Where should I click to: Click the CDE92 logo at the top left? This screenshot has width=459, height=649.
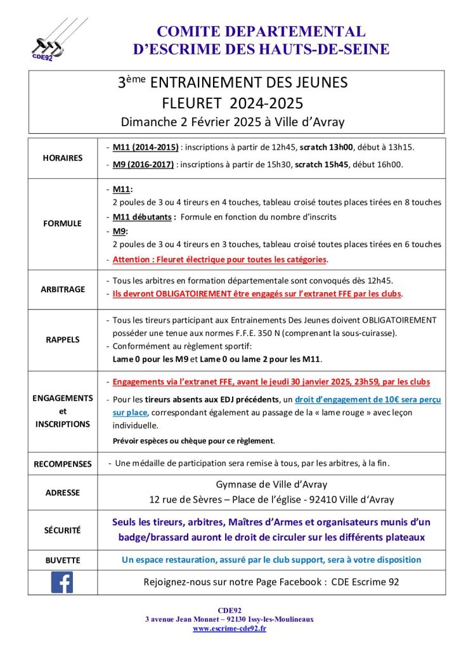tap(53, 39)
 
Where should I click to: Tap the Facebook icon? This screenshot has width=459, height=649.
tap(62, 582)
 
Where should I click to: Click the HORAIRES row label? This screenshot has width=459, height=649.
tap(62, 157)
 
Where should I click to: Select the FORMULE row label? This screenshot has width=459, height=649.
tap(62, 223)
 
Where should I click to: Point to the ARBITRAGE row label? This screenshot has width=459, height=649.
tap(62, 288)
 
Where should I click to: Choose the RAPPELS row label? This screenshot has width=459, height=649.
tap(62, 340)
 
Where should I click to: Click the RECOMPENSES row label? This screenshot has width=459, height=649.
tap(62, 464)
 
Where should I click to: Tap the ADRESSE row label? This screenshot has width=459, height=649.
tap(62, 492)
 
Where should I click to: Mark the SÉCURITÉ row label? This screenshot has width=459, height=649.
tap(62, 530)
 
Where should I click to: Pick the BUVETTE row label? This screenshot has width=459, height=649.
tap(62, 560)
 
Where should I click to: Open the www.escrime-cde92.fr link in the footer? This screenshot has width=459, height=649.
tap(229, 628)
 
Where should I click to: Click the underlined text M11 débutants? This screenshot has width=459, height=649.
tap(143, 217)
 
